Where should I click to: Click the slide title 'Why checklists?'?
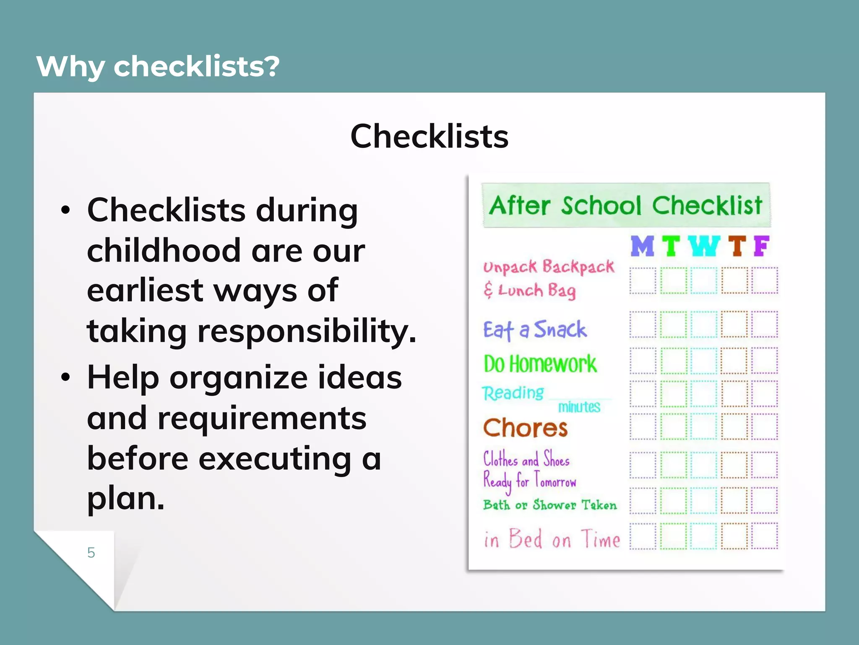(x=158, y=66)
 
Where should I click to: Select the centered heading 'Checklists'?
(x=429, y=136)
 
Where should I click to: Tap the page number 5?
(x=91, y=553)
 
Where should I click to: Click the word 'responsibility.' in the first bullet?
(x=307, y=331)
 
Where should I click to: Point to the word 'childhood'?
(x=164, y=251)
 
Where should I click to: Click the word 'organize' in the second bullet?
(x=238, y=378)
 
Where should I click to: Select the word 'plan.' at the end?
(x=126, y=498)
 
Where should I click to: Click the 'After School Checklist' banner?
(x=625, y=205)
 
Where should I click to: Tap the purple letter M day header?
(x=642, y=246)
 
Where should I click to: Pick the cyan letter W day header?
(x=704, y=246)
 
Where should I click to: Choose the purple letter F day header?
(x=761, y=246)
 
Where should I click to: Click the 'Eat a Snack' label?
(x=534, y=330)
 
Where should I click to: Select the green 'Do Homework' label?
(x=540, y=364)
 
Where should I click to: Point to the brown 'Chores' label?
(x=525, y=428)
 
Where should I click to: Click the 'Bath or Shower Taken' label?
(x=550, y=505)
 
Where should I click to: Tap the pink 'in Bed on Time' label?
(x=552, y=539)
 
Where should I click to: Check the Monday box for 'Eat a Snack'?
(x=643, y=325)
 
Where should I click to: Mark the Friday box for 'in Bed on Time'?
(x=764, y=536)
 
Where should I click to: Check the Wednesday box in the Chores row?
(x=704, y=426)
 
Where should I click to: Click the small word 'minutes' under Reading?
(x=579, y=407)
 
